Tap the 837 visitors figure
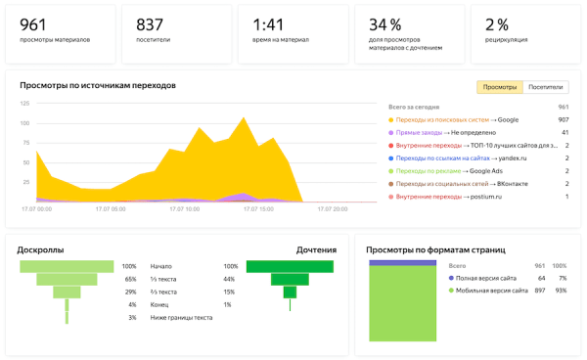point(150,23)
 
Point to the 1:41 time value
point(267,23)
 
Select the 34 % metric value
point(384,23)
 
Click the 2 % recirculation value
point(497,23)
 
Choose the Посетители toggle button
point(545,87)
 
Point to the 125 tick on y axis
point(25,103)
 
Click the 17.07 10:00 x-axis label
point(180,208)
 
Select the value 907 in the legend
point(564,119)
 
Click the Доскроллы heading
point(41,250)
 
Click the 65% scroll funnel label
point(130,279)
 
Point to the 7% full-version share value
point(562,278)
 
